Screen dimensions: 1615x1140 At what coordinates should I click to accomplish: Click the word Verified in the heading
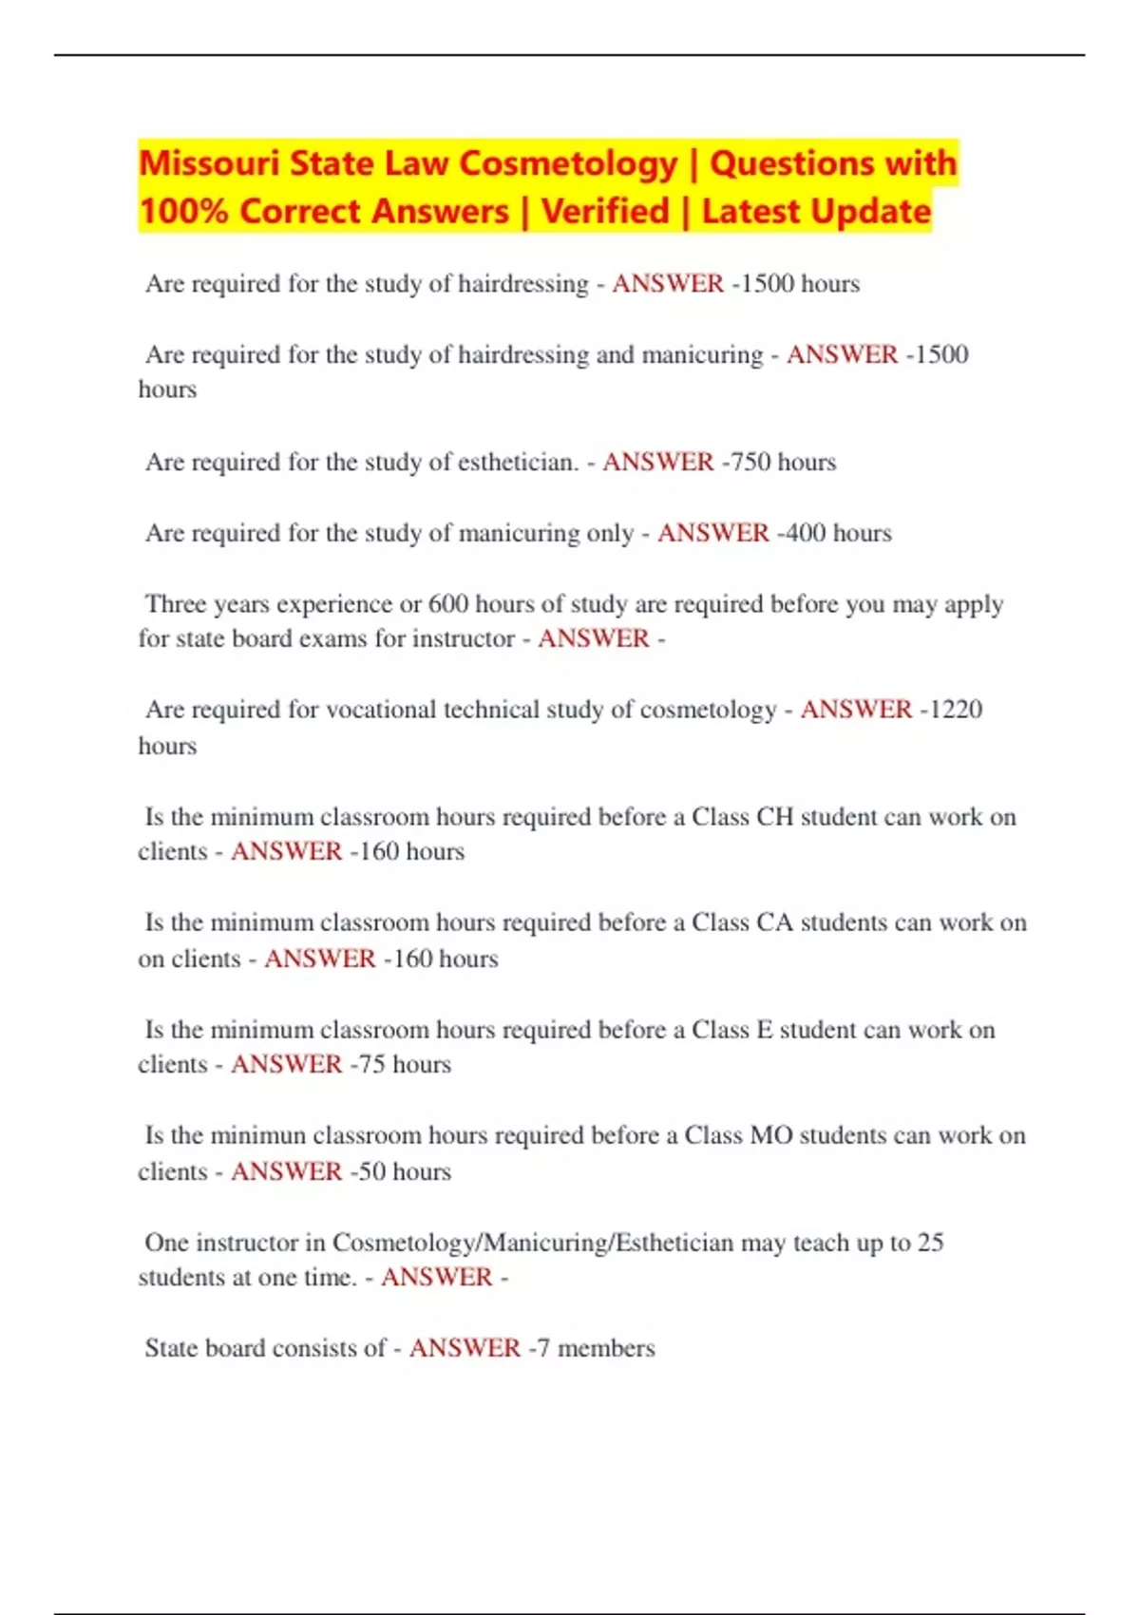click(x=605, y=211)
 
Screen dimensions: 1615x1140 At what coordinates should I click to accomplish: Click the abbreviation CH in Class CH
click(x=774, y=817)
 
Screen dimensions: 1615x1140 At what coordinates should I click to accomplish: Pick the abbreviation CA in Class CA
click(x=774, y=922)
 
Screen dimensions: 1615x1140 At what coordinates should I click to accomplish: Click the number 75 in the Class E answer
click(x=371, y=1065)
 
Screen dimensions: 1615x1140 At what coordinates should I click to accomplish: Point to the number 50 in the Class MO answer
click(x=371, y=1171)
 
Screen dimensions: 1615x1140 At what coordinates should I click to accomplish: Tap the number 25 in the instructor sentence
click(x=930, y=1243)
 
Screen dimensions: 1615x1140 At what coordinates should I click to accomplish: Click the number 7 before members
click(x=543, y=1348)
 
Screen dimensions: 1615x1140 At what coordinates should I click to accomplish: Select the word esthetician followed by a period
click(x=518, y=462)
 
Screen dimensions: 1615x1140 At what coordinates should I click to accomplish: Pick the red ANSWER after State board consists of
click(x=465, y=1348)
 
